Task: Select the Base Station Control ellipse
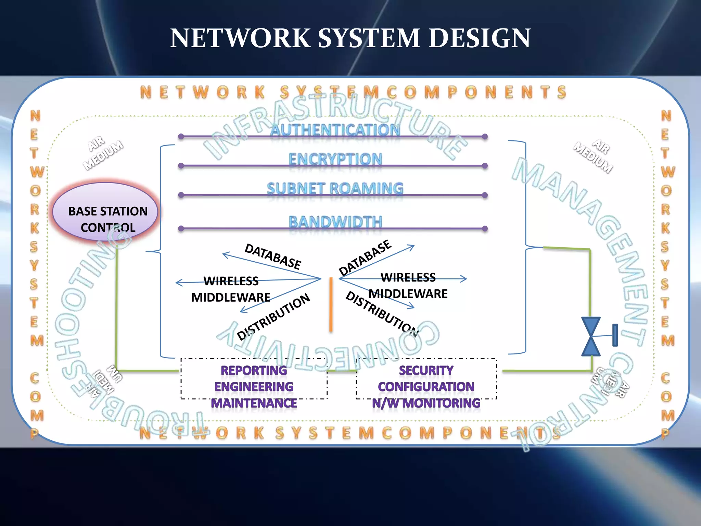pos(105,211)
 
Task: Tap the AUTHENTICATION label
pos(335,130)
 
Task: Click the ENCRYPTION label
pos(335,159)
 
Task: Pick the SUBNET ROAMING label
pos(335,188)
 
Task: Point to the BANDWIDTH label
pos(335,222)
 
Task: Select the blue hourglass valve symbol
pos(591,336)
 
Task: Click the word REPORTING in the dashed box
pos(254,370)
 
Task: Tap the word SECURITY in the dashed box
pos(426,370)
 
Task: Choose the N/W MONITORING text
pos(426,403)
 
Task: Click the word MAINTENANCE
pos(254,403)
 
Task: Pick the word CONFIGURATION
pos(426,387)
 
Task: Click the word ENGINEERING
pos(254,387)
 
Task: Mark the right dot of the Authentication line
pos(485,136)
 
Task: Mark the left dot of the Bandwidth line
pos(181,228)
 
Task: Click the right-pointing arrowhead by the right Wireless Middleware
pos(464,279)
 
